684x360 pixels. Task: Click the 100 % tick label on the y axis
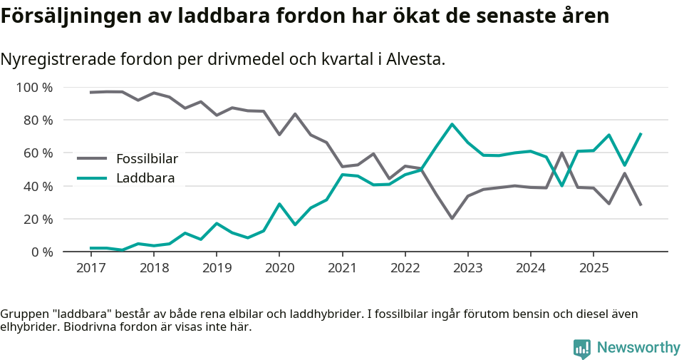tap(34, 88)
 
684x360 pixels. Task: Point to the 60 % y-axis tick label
tap(37, 153)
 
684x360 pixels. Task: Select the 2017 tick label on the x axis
tap(90, 267)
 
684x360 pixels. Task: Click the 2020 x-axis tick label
tap(279, 267)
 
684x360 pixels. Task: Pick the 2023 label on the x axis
tap(467, 267)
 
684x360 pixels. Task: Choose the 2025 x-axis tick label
tap(593, 267)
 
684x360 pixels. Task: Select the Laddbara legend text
tap(145, 178)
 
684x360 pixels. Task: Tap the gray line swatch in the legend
tap(92, 159)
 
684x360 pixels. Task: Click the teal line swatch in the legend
tap(92, 178)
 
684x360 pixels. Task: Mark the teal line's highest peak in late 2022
tap(452, 124)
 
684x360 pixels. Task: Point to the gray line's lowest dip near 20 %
tap(452, 218)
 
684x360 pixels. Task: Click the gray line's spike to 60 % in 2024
tap(562, 153)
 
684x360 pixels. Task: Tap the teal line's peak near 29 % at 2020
tap(279, 204)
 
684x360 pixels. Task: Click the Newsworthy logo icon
tap(581, 348)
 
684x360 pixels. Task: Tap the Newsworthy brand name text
tap(638, 347)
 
